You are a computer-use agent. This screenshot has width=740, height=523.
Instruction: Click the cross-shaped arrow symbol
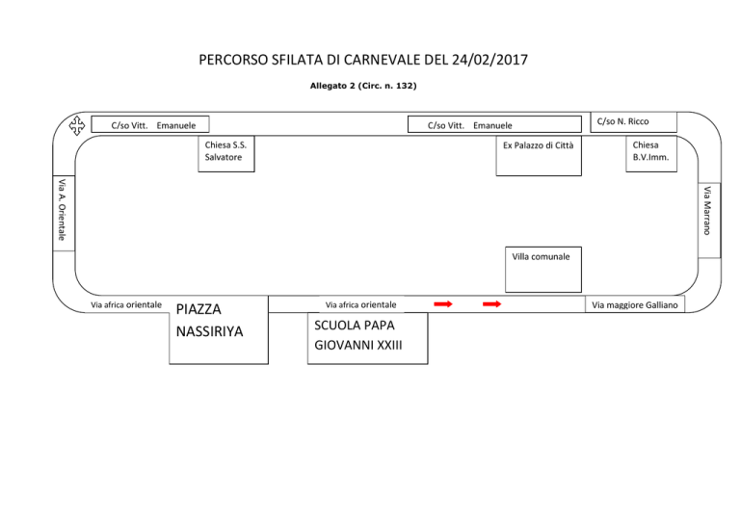pos(77,125)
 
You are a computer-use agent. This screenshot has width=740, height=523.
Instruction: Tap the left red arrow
pos(443,304)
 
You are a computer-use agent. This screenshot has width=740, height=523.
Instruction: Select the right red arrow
pos(491,304)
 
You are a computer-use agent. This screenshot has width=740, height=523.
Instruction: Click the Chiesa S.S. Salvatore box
pos(226,154)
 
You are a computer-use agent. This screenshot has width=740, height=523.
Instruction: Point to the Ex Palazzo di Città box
pos(539,156)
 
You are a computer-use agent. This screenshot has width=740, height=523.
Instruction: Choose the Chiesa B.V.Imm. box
pos(651,154)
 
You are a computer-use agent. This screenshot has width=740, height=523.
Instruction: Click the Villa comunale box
pos(543,270)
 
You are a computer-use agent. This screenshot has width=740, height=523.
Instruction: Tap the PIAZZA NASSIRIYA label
pos(209,320)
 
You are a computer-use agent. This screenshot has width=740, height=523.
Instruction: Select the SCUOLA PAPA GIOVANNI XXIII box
pos(368,338)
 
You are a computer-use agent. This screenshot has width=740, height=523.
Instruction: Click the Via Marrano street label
pos(707,211)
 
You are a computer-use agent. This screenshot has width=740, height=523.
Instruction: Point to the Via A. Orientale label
pos(62,209)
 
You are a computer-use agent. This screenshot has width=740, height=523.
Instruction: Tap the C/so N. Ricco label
pos(623,121)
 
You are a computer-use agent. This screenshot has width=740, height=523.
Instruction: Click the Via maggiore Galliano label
pos(635,305)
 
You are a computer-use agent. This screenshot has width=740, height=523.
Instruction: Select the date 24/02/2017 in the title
pos(489,60)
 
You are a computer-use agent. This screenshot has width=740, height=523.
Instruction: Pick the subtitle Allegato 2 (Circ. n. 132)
pos(363,86)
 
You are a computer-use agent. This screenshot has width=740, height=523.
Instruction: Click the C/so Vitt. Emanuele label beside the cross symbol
pos(153,125)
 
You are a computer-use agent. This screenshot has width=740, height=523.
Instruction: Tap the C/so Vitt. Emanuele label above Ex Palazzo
pos(470,125)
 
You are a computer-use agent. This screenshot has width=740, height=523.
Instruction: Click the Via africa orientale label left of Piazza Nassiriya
pos(126,305)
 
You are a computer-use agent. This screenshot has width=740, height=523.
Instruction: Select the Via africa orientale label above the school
pos(360,305)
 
